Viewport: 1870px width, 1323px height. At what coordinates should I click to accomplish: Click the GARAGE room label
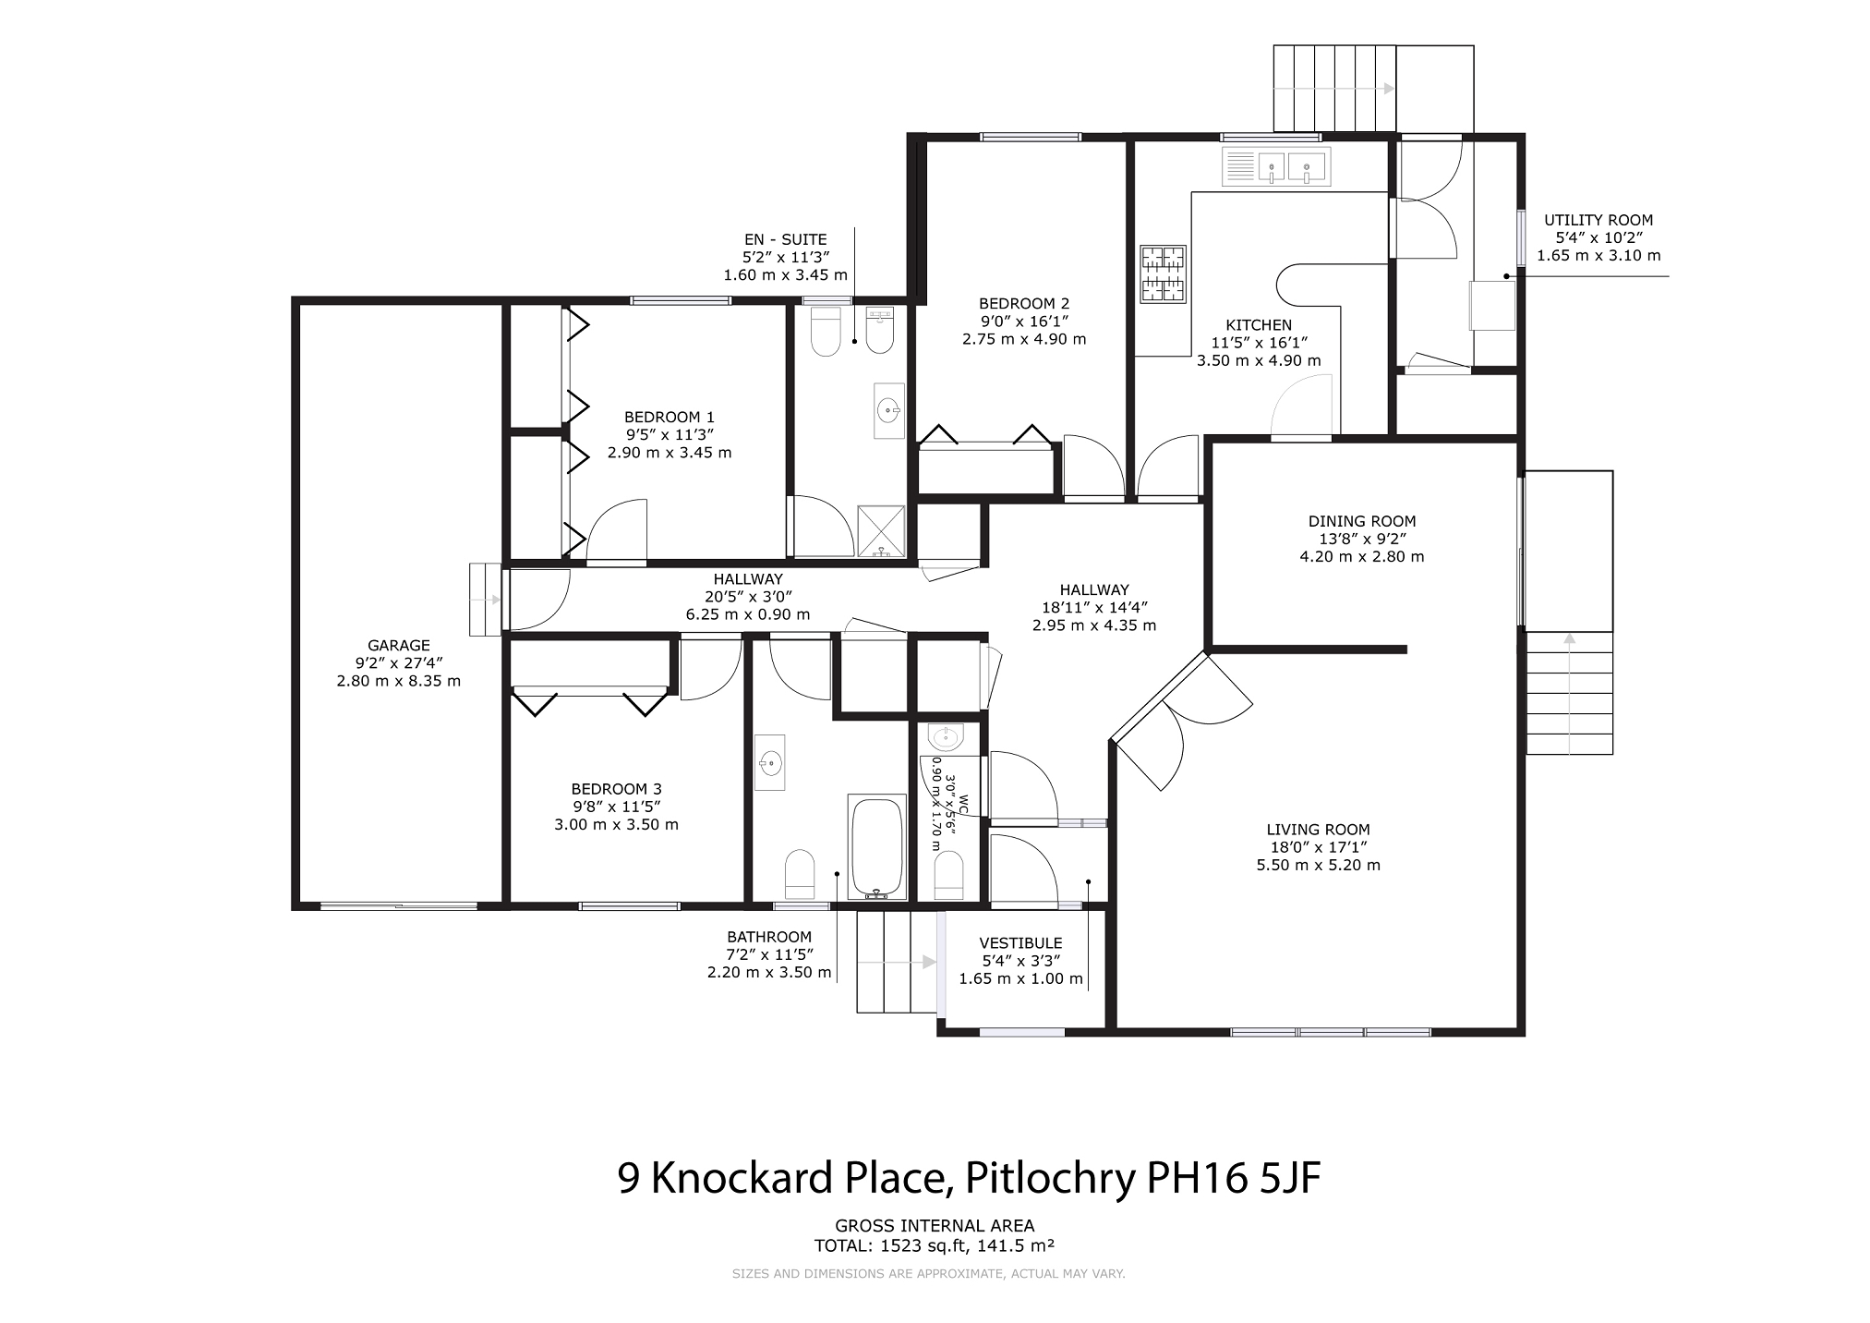[x=399, y=646]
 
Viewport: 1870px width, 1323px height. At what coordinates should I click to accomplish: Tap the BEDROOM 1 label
[x=670, y=418]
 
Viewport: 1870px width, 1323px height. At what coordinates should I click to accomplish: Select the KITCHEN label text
[x=1259, y=325]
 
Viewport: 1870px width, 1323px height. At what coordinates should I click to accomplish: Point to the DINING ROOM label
[x=1362, y=521]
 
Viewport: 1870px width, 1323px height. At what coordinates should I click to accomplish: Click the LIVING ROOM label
[x=1318, y=830]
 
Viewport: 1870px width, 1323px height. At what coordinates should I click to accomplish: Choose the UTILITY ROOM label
[x=1599, y=220]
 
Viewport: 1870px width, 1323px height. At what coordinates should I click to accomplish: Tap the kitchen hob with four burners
[x=1164, y=273]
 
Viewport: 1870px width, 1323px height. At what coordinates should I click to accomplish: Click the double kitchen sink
[x=1276, y=167]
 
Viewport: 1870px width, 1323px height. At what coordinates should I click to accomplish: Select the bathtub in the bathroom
[x=876, y=846]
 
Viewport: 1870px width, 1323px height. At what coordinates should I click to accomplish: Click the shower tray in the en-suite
[x=883, y=531]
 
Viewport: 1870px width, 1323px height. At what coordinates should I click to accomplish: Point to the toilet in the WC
[x=949, y=875]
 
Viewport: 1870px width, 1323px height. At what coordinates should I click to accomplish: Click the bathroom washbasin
[x=770, y=763]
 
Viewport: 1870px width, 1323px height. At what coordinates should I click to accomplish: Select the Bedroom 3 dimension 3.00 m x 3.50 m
[x=616, y=824]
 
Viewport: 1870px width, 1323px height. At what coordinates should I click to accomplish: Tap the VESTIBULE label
[x=1020, y=943]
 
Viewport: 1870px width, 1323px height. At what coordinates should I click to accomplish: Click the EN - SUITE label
[x=785, y=239]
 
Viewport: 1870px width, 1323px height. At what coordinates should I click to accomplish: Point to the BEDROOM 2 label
[x=1024, y=303]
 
